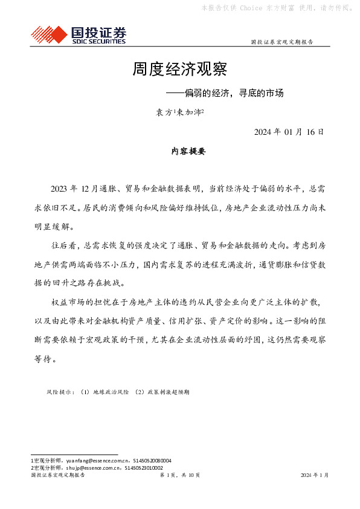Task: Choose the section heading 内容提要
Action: pos(188,152)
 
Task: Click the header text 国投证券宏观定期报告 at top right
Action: pos(281,42)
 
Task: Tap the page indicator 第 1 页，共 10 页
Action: pos(180,475)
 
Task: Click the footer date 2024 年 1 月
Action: pos(315,475)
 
